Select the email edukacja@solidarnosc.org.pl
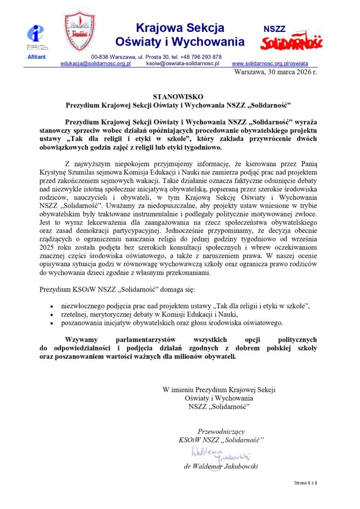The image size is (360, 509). point(95,64)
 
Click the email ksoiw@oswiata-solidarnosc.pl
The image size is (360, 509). point(183,64)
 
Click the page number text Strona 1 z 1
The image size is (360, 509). point(305,483)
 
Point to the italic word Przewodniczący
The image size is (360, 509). point(221,431)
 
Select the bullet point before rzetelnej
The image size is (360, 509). point(52,314)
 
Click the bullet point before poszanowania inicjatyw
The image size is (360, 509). point(52,323)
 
